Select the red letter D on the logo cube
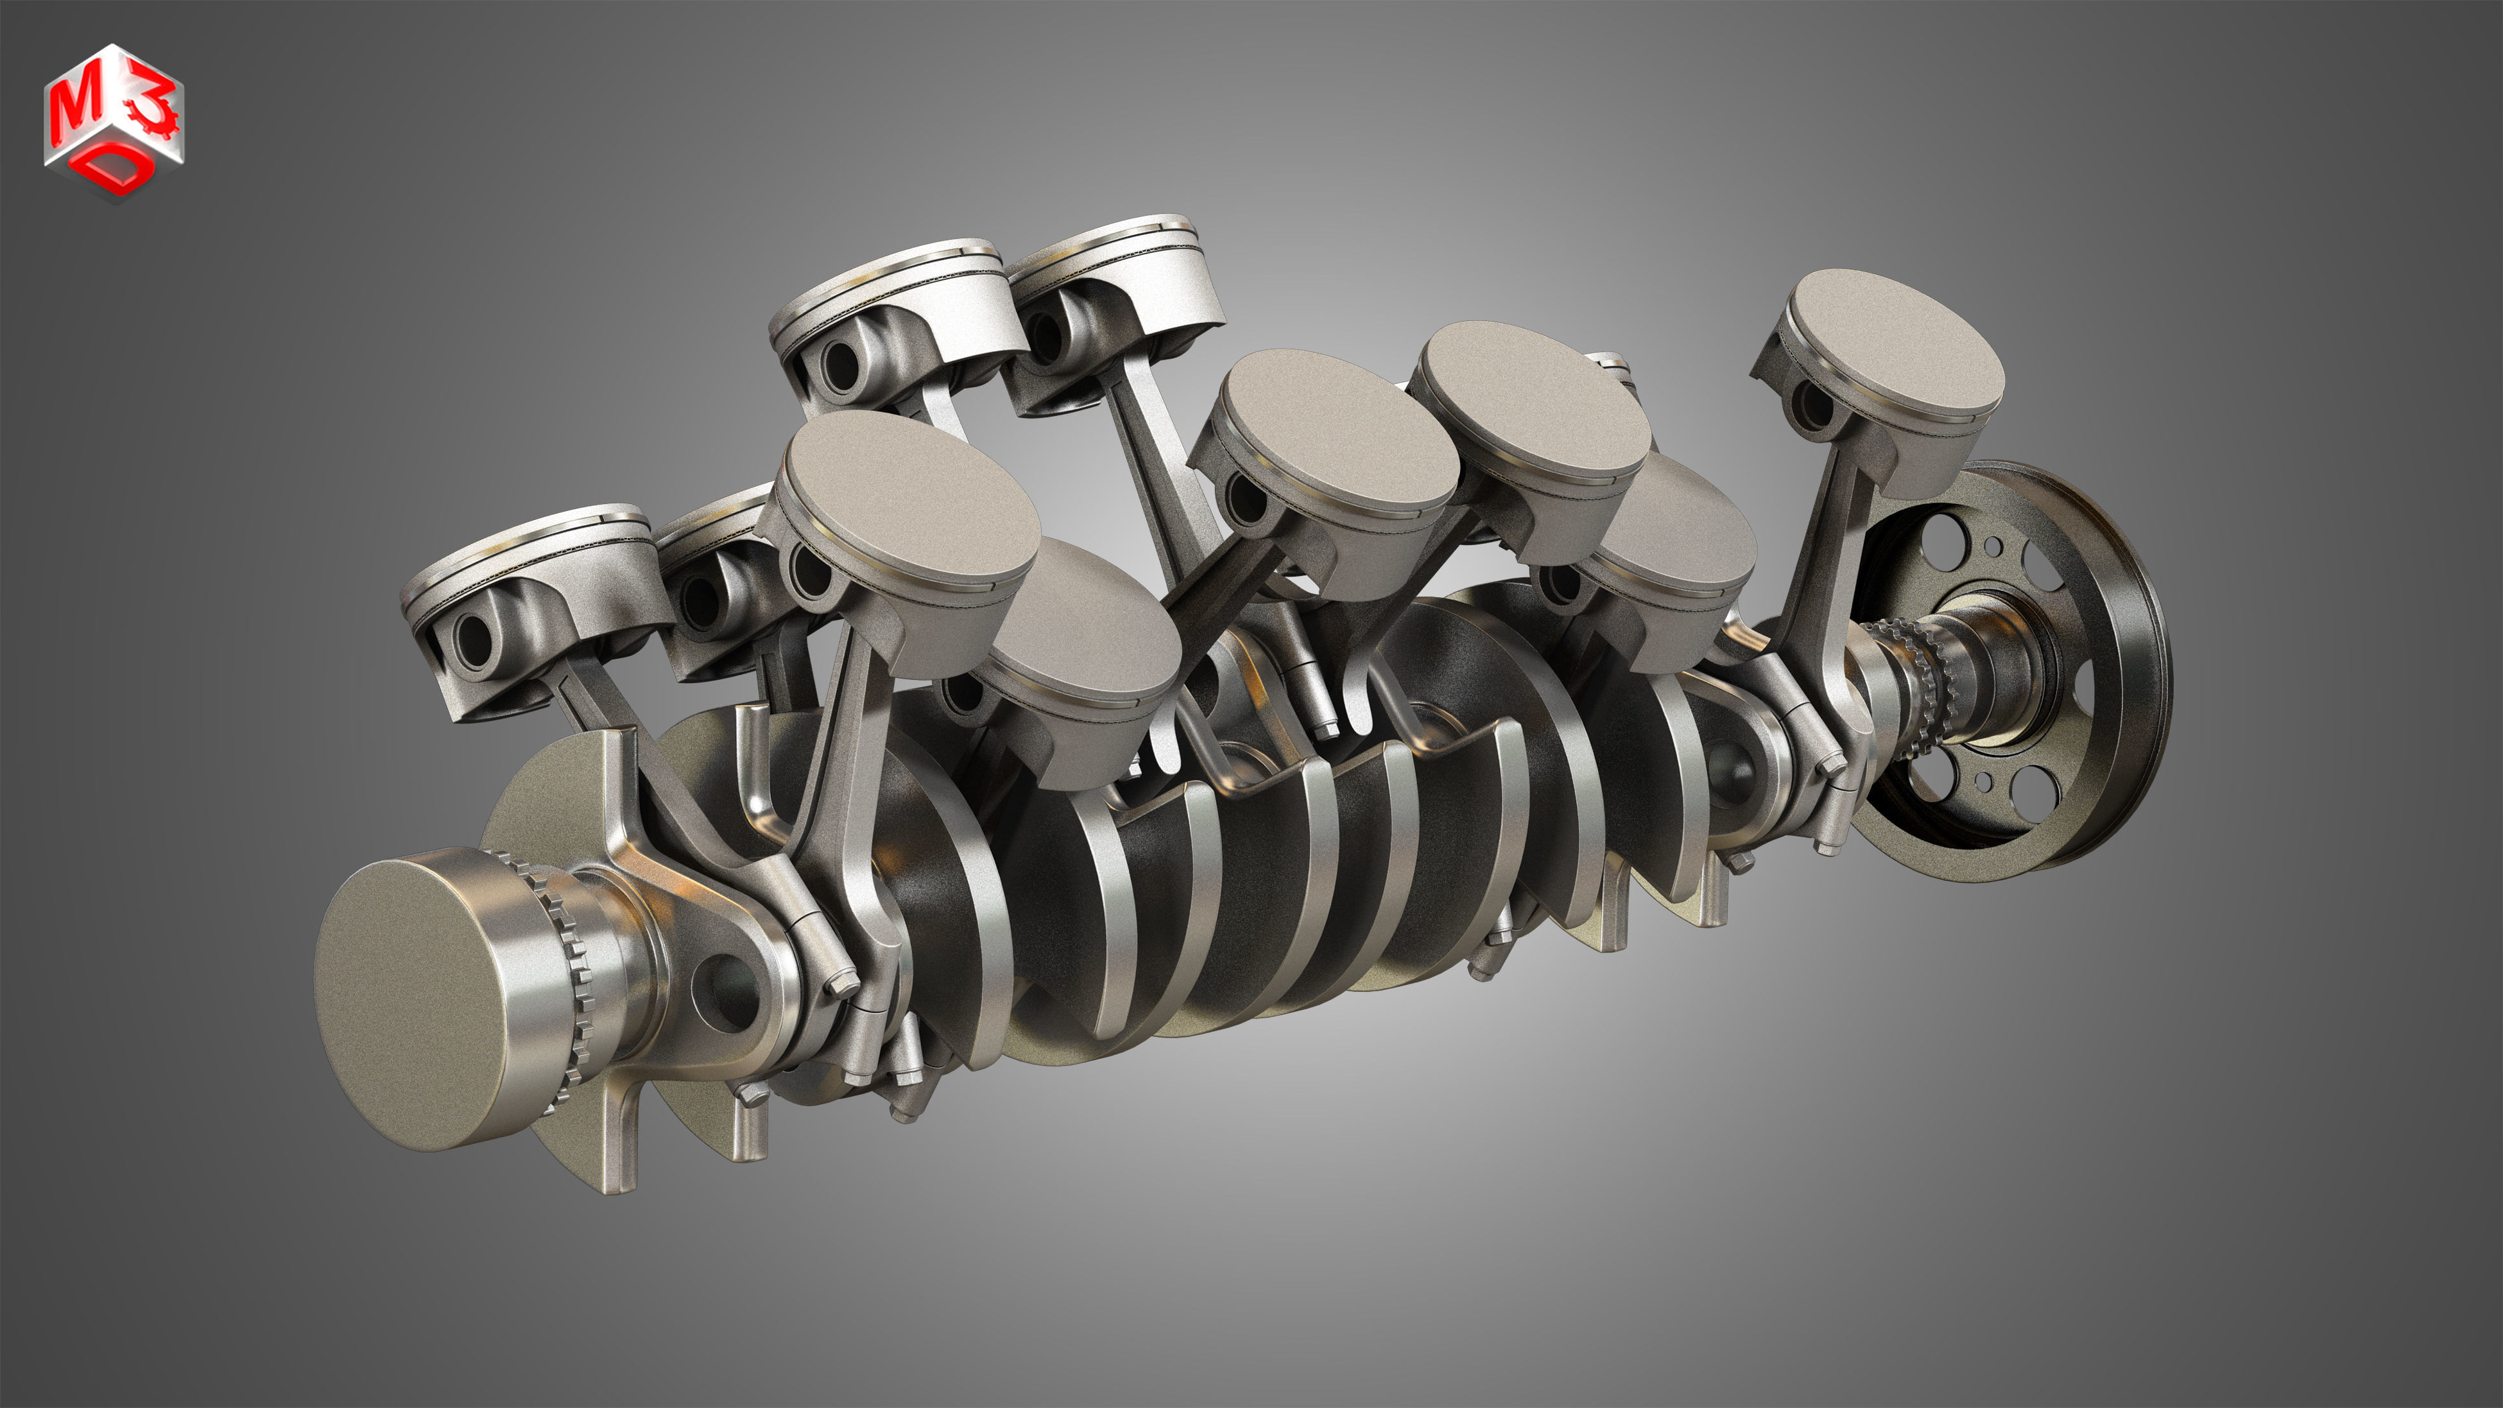[115, 173]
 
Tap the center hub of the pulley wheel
[1992, 670]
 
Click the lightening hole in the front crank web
[724, 991]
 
